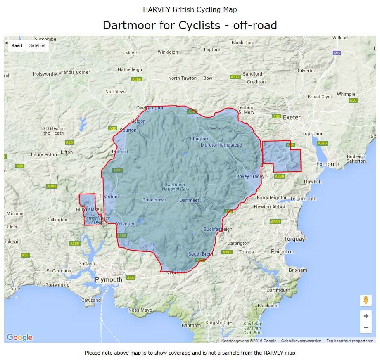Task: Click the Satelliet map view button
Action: tap(37, 45)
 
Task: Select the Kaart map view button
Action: tap(17, 45)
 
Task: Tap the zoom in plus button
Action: tap(366, 316)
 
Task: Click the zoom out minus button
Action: tap(366, 328)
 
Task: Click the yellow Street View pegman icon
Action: tap(366, 301)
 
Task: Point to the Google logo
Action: tap(19, 337)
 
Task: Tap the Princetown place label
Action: tap(154, 200)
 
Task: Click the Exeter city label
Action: tap(292, 117)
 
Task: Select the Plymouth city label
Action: tap(109, 279)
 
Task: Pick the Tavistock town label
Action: tap(109, 197)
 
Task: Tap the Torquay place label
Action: tap(294, 239)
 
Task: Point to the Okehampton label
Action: tap(150, 108)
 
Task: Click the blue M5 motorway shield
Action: tap(337, 53)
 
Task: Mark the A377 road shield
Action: tap(235, 77)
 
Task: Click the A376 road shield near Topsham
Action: tap(322, 143)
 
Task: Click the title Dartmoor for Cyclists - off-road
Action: tap(190, 25)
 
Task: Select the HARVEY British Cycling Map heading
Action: tap(190, 9)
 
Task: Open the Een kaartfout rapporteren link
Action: tap(349, 341)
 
